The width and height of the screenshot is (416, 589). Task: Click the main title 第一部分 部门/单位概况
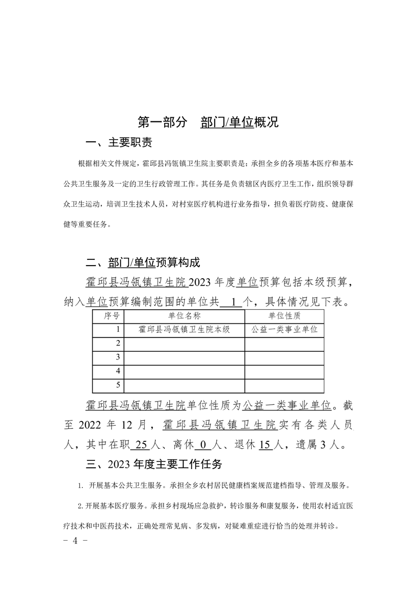[x=208, y=122]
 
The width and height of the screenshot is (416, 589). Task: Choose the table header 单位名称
[x=184, y=316]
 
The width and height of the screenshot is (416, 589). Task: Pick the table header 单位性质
[x=284, y=316]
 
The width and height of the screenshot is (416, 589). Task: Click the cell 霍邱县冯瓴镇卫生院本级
[x=184, y=330]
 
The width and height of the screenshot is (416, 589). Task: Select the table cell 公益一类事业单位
[x=284, y=330]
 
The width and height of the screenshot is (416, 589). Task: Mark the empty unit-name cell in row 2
[x=184, y=344]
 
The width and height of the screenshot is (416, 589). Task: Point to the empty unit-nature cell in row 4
[x=284, y=372]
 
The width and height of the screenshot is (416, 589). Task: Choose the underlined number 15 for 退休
[x=265, y=445]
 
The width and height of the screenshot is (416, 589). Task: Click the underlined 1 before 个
[x=232, y=302]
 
